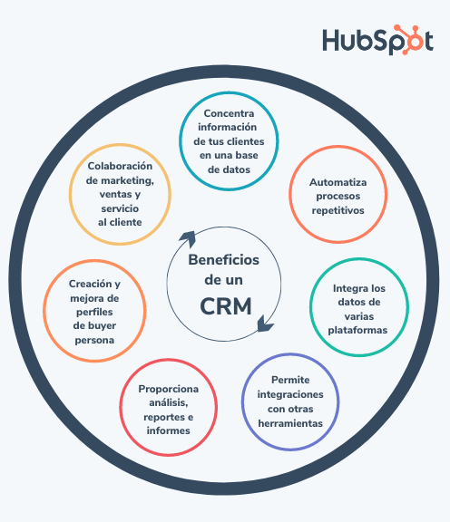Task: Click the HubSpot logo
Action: [x=377, y=40]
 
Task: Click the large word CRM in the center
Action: [x=226, y=306]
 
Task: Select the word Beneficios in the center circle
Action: [x=224, y=260]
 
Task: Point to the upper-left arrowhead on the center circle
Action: [x=188, y=238]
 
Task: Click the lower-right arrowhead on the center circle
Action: [x=265, y=324]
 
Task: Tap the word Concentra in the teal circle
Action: [x=229, y=113]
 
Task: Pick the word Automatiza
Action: [x=338, y=182]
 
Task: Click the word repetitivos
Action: [x=338, y=211]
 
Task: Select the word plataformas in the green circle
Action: [x=357, y=330]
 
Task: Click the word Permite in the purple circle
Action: [x=290, y=380]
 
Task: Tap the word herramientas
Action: [x=290, y=423]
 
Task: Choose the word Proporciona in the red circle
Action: [x=169, y=389]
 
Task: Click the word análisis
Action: [x=168, y=402]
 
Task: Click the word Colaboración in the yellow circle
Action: [x=120, y=166]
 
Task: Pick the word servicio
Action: [x=120, y=208]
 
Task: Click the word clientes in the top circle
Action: [x=245, y=141]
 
